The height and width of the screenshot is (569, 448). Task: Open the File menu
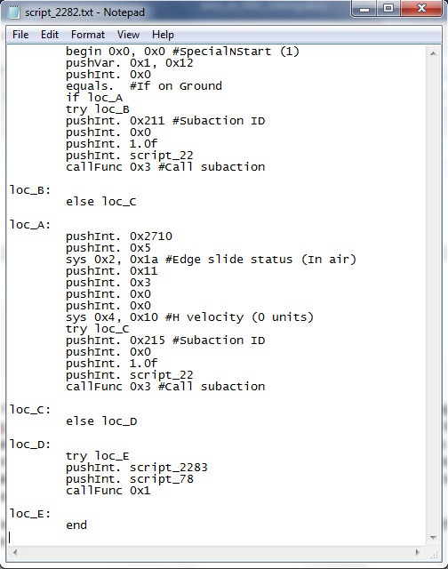[x=20, y=35]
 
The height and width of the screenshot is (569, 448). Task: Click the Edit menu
[x=50, y=35]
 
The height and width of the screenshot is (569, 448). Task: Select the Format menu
[x=88, y=35]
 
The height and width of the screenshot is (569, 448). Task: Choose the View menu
[x=128, y=35]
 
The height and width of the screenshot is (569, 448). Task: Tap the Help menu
[x=163, y=35]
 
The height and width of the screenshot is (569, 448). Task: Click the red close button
[x=422, y=8]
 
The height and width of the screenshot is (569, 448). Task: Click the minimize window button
[x=364, y=8]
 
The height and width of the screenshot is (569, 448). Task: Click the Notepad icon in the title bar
[x=14, y=12]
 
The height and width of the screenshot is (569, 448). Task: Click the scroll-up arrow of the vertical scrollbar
[x=433, y=53]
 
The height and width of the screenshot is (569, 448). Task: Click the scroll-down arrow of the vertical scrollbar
[x=433, y=537]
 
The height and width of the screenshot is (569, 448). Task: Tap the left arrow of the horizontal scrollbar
[x=15, y=553]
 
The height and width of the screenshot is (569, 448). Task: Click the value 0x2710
[x=151, y=236]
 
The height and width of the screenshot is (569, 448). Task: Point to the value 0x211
[x=148, y=121]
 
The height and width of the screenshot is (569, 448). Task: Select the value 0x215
[x=148, y=340]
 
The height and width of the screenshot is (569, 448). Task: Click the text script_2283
[x=169, y=468]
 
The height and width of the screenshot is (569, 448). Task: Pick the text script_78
[x=162, y=479]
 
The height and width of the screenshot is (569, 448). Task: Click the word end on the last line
[x=76, y=525]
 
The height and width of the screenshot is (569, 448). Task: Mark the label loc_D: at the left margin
[x=30, y=445]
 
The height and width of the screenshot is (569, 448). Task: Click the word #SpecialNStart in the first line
[x=221, y=52]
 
